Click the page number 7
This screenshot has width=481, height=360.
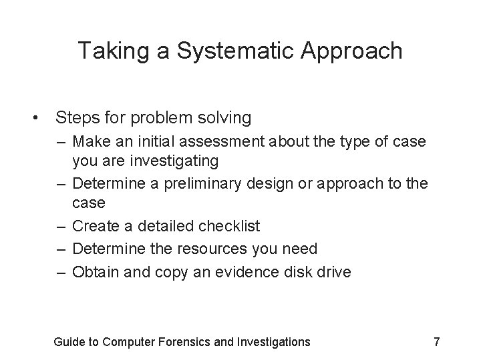[x=436, y=342]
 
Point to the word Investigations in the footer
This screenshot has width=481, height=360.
[x=273, y=342]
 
